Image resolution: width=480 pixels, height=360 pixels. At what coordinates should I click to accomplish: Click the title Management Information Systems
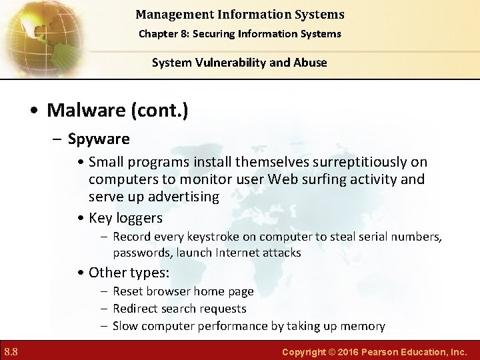(239, 14)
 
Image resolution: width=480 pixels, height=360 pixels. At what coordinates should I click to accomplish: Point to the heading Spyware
(99, 139)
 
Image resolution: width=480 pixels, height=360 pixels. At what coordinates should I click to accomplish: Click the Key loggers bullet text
(125, 218)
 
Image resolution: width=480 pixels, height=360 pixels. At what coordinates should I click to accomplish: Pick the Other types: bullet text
(129, 272)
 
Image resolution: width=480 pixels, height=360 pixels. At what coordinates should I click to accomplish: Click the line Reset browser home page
(183, 291)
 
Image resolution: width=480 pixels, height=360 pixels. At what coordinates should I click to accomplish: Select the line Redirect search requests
(179, 309)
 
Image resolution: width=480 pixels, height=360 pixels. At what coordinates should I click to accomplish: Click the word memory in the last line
(363, 326)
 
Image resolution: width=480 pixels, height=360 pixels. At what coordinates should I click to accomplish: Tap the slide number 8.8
(11, 351)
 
